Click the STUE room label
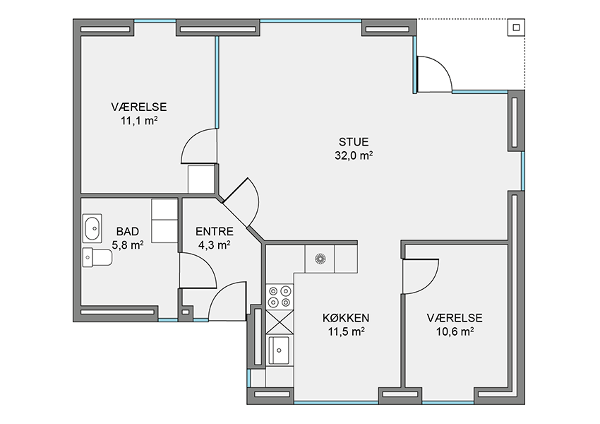coord(354,142)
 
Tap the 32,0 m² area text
coord(354,155)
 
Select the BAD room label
coord(128,231)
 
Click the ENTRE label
coord(215,231)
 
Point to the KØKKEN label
coord(346,318)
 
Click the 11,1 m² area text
coord(139,121)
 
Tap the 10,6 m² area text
coord(455,331)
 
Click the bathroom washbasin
coord(92,229)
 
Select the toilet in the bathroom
coord(97,257)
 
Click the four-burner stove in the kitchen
coord(280,297)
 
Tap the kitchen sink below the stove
coord(279,350)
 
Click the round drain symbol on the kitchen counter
coord(320,259)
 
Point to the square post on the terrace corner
coord(516,28)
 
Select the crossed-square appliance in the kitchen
coord(280,322)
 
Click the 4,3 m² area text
coord(215,245)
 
